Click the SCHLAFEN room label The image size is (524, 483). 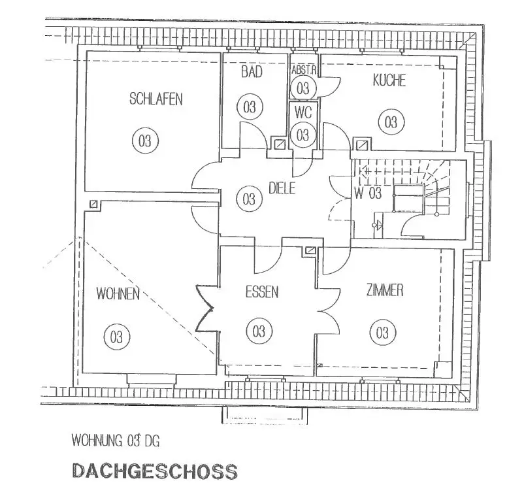pyautogui.click(x=156, y=99)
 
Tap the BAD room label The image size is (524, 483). pyautogui.click(x=252, y=72)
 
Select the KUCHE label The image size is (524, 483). pyautogui.click(x=389, y=80)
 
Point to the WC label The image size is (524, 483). pyautogui.click(x=303, y=112)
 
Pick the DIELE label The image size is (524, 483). pyautogui.click(x=282, y=189)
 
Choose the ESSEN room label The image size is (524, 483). pyautogui.click(x=262, y=291)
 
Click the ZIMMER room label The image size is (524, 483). pyautogui.click(x=385, y=290)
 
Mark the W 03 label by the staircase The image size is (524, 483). pyautogui.click(x=367, y=193)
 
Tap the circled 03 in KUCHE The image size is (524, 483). pyautogui.click(x=390, y=122)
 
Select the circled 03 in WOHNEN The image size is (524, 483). pyautogui.click(x=117, y=337)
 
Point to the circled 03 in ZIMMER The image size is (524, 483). pyautogui.click(x=383, y=332)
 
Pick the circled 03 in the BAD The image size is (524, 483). pyautogui.click(x=250, y=107)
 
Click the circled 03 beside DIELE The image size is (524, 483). pyautogui.click(x=248, y=197)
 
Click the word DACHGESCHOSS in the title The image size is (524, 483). pyautogui.click(x=154, y=471)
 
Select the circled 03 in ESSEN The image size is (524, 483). pyautogui.click(x=259, y=331)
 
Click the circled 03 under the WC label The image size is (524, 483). pyautogui.click(x=303, y=135)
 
